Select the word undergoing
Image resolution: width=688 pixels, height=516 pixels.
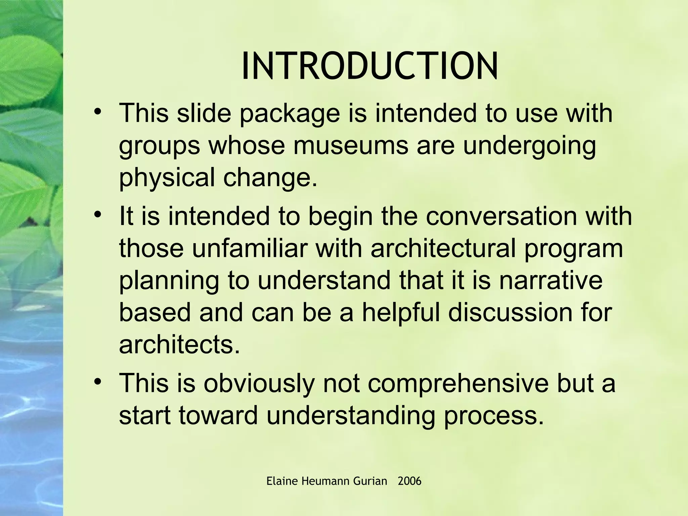point(529,146)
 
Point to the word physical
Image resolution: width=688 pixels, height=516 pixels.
point(167,178)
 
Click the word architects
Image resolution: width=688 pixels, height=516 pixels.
point(179,345)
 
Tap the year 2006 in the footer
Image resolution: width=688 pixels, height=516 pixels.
point(409,481)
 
